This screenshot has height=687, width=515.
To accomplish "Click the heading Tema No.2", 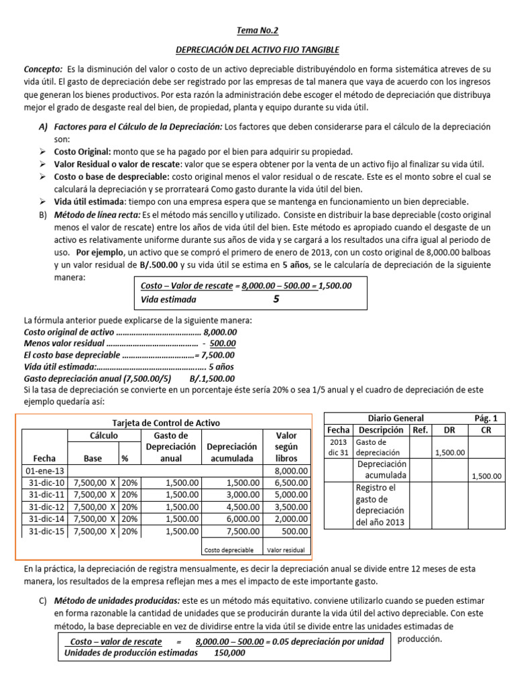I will (257, 30).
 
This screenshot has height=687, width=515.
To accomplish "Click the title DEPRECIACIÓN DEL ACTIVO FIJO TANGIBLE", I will (257, 50).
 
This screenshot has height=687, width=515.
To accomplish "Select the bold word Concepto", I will (42, 69).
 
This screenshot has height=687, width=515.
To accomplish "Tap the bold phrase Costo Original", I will (82, 152).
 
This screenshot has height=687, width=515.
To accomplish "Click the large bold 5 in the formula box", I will (276, 299).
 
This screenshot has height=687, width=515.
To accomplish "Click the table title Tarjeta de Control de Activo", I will (166, 423).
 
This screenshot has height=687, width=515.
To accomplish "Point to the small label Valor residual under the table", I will (286, 549).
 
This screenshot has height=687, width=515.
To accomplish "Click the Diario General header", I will (396, 418).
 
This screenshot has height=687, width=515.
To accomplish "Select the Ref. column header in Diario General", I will (420, 430).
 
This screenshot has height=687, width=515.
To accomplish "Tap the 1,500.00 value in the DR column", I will (449, 453).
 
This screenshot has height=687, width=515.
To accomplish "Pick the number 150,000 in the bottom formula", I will (229, 653).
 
